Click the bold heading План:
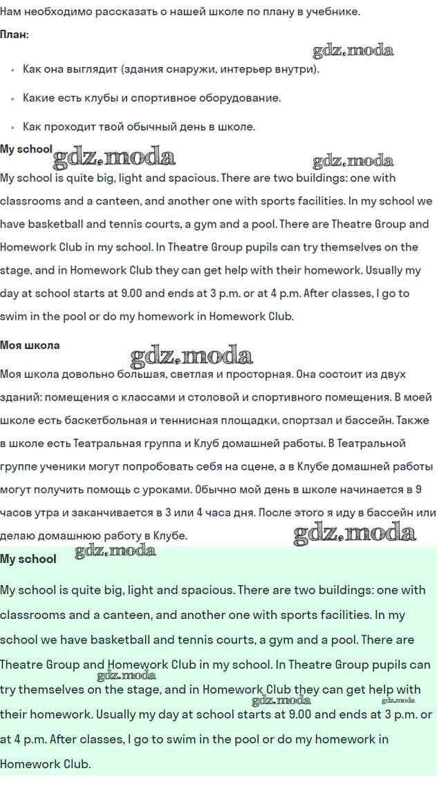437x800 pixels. (x=15, y=35)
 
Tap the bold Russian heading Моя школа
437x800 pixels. (x=30, y=345)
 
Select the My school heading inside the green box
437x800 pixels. (x=28, y=559)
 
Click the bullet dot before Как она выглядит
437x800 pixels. (x=12, y=70)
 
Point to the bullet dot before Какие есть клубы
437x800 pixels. (x=12, y=99)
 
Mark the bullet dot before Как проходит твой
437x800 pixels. (x=12, y=128)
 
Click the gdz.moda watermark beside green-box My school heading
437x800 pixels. (x=115, y=551)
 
